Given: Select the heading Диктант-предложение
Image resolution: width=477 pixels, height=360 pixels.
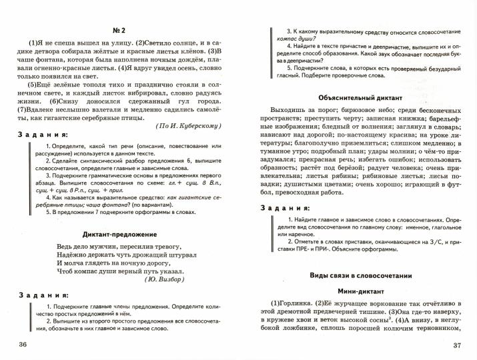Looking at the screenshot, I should (119, 235).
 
